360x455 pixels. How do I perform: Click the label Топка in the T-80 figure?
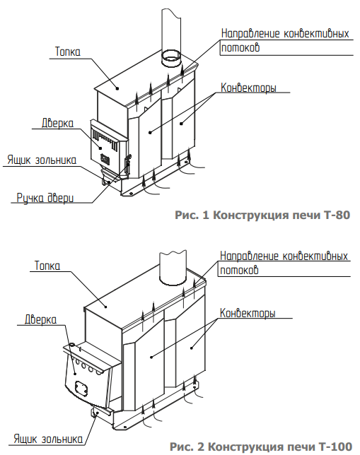68,52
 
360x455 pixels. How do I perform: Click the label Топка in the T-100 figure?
47,266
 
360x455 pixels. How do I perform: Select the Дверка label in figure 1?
57,123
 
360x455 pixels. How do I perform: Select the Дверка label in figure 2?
41,319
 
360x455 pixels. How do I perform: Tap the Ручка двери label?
45,198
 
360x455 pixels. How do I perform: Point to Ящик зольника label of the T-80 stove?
42,160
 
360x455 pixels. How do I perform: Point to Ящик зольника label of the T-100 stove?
48,439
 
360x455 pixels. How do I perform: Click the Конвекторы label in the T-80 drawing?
248,88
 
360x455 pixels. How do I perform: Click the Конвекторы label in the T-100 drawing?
248,313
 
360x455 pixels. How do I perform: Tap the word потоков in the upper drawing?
240,47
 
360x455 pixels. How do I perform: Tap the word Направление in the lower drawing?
249,256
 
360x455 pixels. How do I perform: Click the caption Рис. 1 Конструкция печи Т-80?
262,215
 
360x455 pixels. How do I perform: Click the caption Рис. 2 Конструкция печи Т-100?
261,447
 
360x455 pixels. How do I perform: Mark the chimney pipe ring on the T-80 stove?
171,59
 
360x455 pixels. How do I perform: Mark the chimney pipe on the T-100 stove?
173,267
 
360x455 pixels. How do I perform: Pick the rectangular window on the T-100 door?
81,389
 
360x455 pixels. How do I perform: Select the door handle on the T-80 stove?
127,165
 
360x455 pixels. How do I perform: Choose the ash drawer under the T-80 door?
109,176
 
